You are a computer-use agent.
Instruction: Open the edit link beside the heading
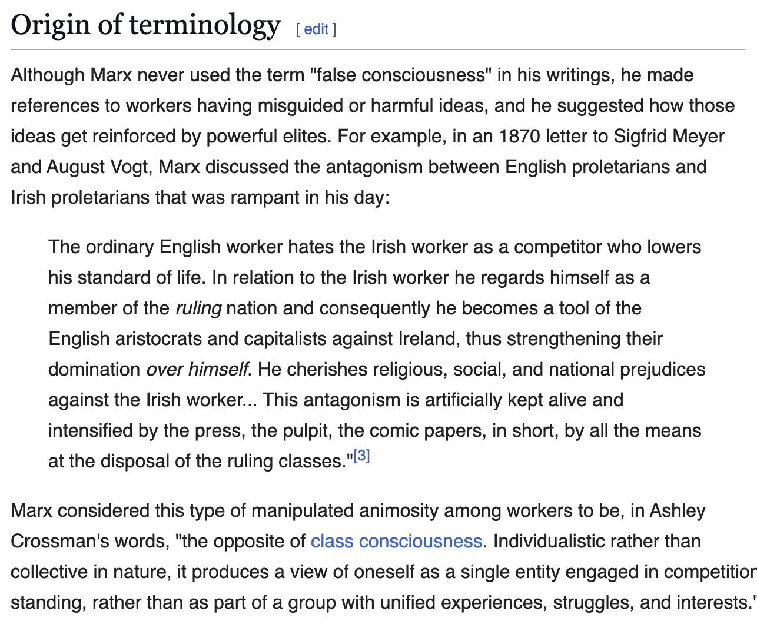316,29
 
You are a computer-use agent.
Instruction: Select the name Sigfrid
640,136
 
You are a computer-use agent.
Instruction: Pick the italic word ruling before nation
198,308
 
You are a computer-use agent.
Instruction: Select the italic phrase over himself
197,369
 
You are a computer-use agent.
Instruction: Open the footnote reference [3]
362,456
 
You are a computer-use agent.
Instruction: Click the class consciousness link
396,541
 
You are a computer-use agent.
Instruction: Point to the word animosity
399,510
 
